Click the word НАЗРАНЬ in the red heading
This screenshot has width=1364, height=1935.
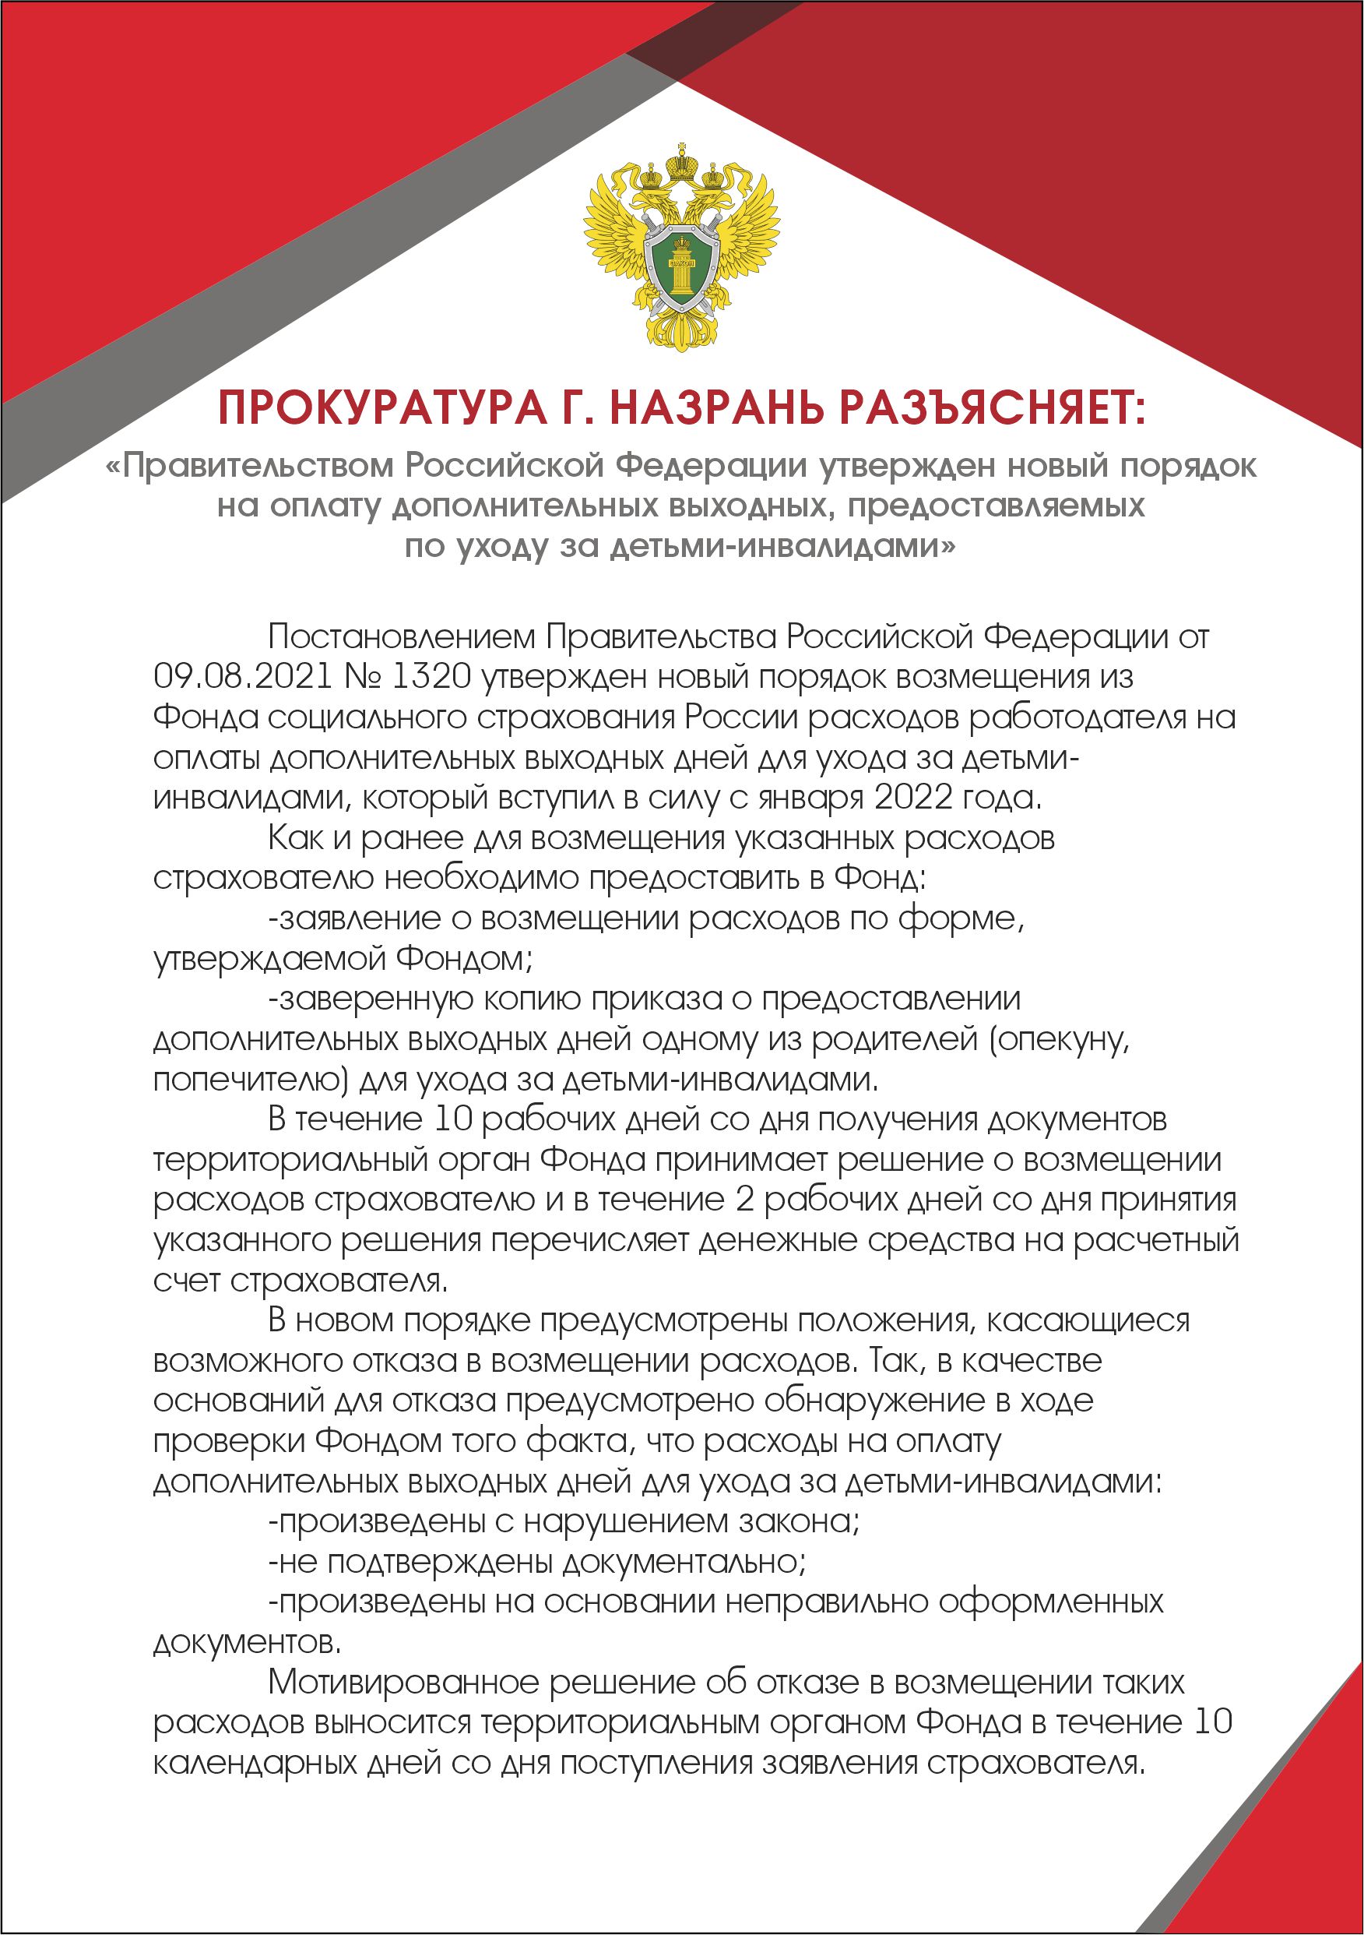[x=717, y=409]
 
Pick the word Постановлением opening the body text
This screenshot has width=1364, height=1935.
[x=401, y=636]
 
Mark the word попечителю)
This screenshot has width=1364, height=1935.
[x=251, y=1080]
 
